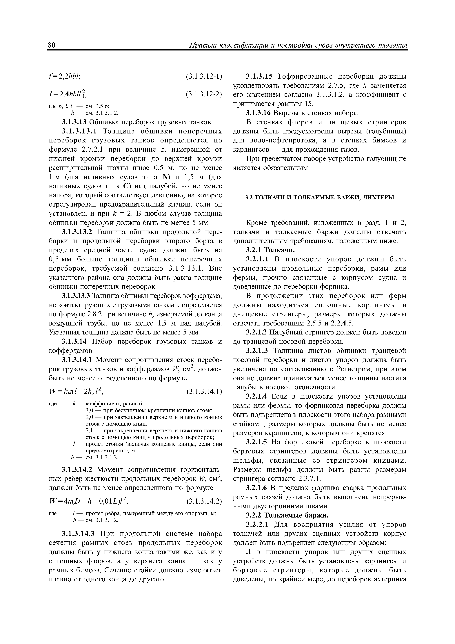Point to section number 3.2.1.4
[257, 397]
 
